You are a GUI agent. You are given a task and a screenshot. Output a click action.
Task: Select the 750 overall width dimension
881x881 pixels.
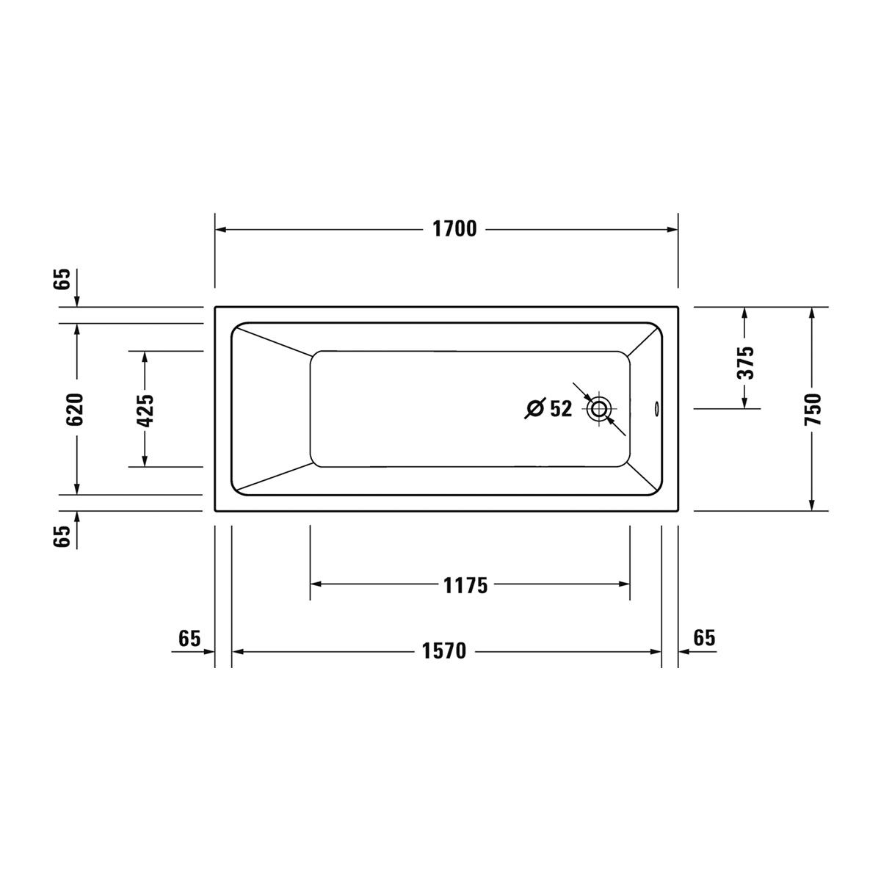813,409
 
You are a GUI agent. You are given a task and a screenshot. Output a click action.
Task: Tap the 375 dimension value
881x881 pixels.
744,363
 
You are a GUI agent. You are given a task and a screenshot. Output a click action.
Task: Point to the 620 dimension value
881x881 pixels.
75,409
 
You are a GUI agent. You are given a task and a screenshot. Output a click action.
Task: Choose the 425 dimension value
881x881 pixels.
145,410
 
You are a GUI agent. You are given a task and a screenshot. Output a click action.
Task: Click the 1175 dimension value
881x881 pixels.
465,586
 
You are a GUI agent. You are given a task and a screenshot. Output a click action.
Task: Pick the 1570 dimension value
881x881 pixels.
443,651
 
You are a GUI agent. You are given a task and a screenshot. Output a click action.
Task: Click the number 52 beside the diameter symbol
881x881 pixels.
560,409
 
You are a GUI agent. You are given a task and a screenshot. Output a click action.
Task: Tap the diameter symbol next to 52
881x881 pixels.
535,408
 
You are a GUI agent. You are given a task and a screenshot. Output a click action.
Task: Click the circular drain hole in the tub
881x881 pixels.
599,408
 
